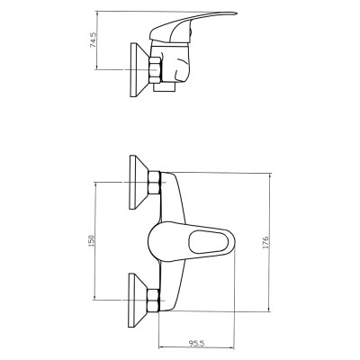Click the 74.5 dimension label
(x=94, y=40)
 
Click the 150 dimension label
(x=91, y=241)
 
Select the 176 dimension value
(x=265, y=242)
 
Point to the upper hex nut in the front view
(x=155, y=183)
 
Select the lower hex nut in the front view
(x=154, y=301)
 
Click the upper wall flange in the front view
(x=139, y=182)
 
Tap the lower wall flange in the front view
(x=138, y=300)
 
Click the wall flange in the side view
(x=139, y=70)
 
